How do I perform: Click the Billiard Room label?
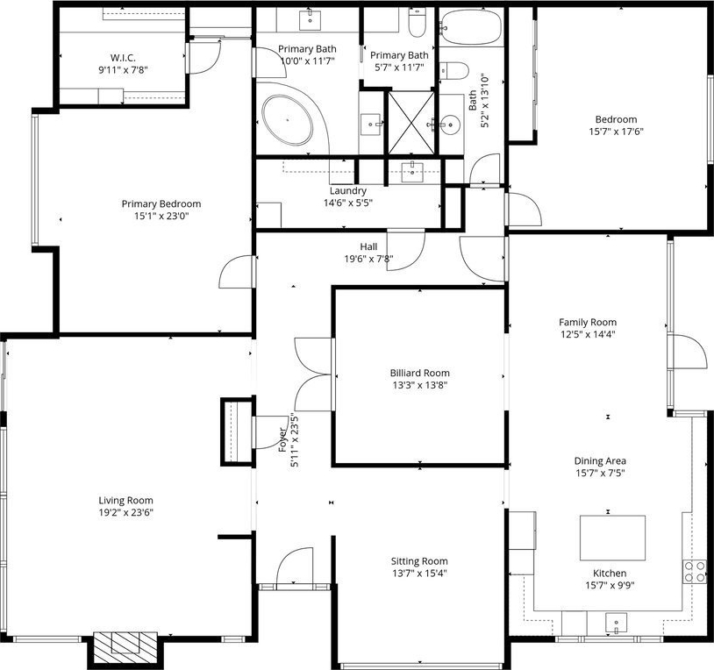click(420, 373)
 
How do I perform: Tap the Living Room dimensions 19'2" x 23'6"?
click(126, 512)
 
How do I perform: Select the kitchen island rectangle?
click(612, 538)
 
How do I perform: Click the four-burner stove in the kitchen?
click(694, 572)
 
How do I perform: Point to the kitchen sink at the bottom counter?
click(616, 624)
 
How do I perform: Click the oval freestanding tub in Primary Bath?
click(288, 120)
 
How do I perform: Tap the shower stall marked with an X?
click(411, 123)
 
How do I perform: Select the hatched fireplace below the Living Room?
click(125, 648)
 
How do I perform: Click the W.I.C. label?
click(123, 58)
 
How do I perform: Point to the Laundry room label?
click(348, 190)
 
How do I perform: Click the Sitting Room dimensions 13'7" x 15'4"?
click(420, 573)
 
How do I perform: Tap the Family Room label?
click(588, 322)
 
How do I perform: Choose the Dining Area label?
click(600, 460)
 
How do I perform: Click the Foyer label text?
click(282, 439)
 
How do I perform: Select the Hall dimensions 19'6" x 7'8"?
click(368, 259)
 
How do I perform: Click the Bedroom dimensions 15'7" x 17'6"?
click(616, 132)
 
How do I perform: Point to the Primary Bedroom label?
click(161, 204)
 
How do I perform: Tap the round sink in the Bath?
click(451, 124)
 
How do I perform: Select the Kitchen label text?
click(610, 573)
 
